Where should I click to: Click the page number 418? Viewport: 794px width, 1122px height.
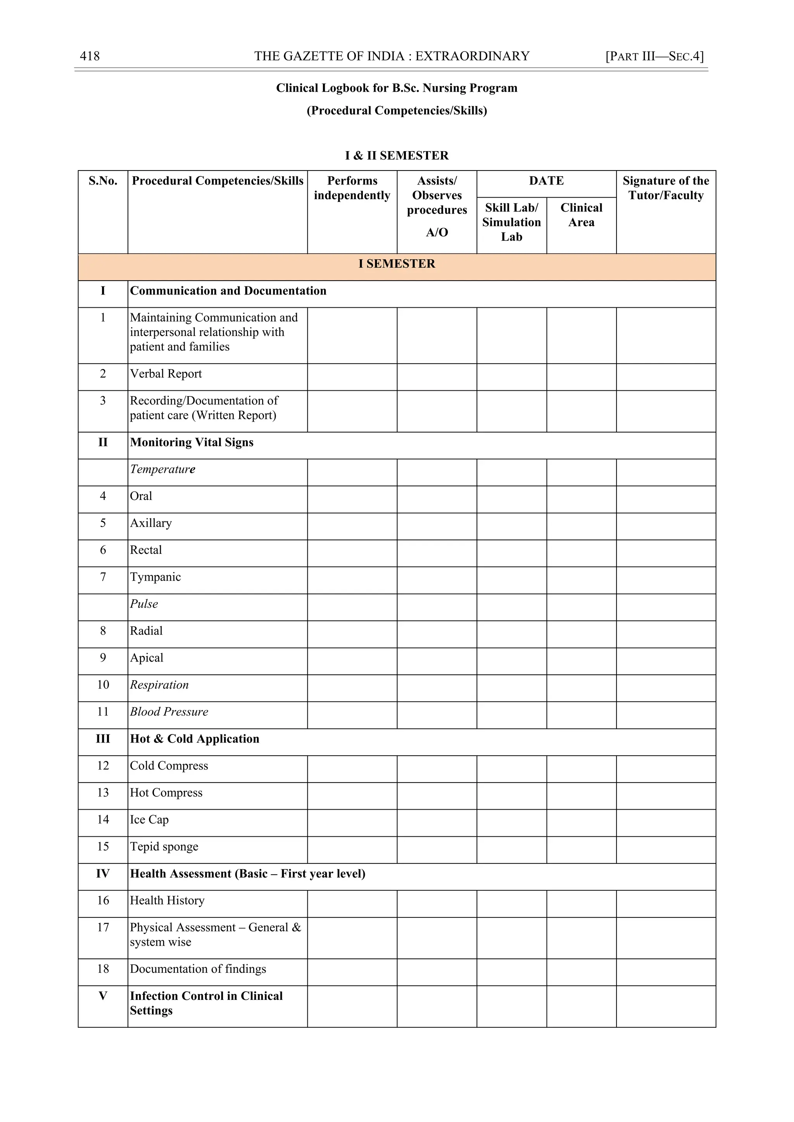[90, 56]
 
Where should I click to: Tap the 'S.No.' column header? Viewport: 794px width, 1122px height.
[103, 181]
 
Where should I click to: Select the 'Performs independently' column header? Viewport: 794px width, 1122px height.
[352, 188]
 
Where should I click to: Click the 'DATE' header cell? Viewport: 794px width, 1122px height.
[546, 181]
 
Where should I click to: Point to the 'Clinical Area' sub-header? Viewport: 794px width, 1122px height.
[581, 215]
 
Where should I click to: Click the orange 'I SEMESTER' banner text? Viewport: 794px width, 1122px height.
[397, 264]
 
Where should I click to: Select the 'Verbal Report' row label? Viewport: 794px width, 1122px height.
[166, 374]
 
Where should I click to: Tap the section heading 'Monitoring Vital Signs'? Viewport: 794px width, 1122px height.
[192, 442]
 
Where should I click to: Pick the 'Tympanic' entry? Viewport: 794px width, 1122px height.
[155, 577]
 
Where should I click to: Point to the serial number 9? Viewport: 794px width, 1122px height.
[103, 658]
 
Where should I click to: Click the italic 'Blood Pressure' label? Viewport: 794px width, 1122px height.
[169, 712]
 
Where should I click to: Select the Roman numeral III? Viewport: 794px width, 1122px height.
[103, 739]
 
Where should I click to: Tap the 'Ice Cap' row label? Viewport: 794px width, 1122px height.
[149, 820]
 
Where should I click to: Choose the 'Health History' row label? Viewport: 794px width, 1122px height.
[167, 901]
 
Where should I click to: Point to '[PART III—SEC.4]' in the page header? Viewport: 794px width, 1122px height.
[654, 56]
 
